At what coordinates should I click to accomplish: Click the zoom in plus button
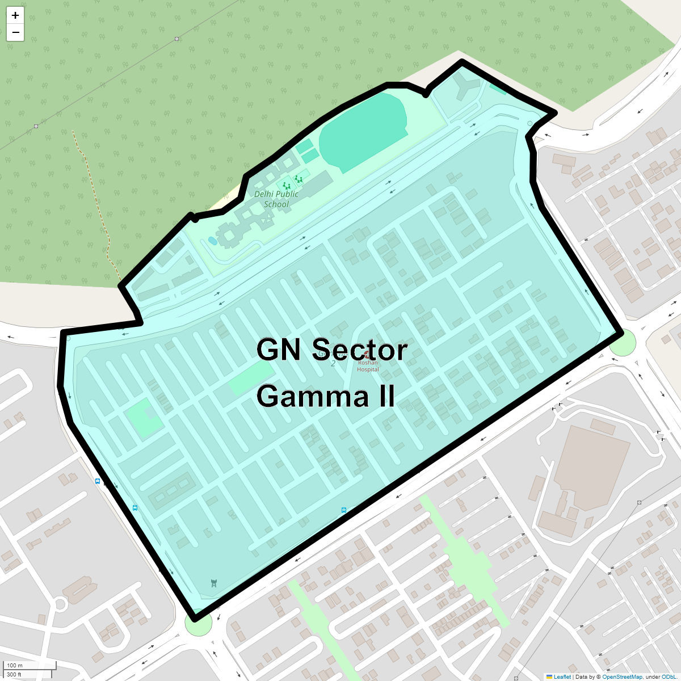(x=15, y=15)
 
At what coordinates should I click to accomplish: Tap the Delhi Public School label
(x=276, y=199)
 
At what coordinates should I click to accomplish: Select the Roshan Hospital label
(x=368, y=366)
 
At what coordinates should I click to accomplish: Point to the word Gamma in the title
(x=309, y=396)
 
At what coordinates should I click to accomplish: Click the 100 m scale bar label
(x=15, y=665)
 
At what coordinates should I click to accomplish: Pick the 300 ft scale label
(x=14, y=674)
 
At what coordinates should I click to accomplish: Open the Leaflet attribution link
(x=562, y=676)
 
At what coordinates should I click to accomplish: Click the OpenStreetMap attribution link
(x=622, y=676)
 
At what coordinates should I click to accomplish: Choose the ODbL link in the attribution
(x=669, y=676)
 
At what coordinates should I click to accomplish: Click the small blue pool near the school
(x=213, y=241)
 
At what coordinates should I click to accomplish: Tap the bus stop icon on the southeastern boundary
(x=344, y=510)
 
